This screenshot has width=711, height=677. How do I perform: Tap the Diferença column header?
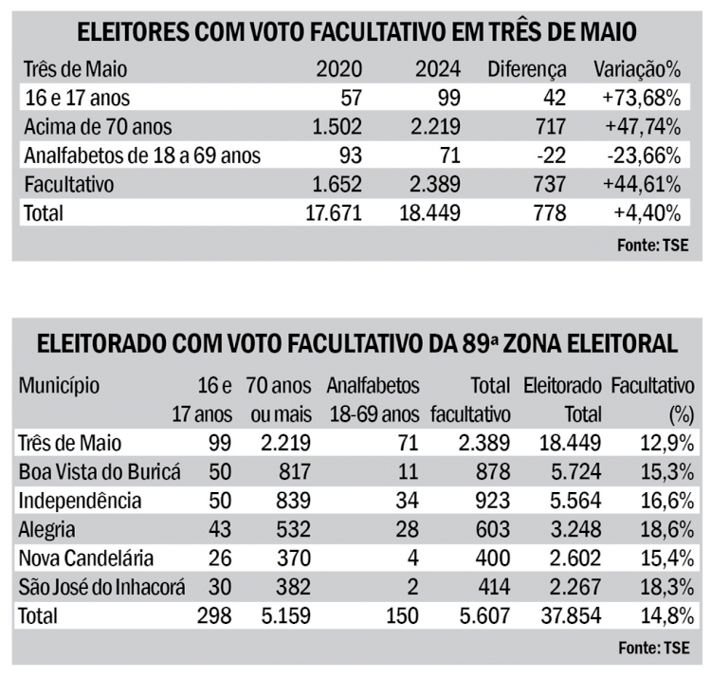(x=526, y=69)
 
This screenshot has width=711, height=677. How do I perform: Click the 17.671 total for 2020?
(x=330, y=212)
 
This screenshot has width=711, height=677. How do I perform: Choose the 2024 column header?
(x=437, y=69)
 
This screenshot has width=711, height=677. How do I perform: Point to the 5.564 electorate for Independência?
(x=573, y=501)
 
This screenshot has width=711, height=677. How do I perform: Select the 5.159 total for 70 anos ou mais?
(x=282, y=616)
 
